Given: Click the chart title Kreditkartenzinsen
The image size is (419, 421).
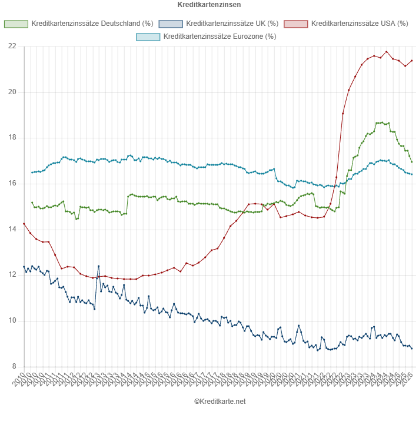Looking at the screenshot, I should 209,5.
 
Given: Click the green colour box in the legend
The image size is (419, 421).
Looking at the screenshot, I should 16,24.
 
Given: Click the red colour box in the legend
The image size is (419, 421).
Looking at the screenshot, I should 295,24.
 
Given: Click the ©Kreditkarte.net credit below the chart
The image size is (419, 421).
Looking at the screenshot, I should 220,402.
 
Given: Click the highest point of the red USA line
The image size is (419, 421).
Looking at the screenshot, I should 387,51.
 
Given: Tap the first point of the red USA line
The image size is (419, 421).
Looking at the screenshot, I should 24,224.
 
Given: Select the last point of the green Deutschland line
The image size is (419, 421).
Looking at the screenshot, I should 412,162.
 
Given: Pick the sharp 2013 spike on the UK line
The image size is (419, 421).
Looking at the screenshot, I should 98,266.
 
